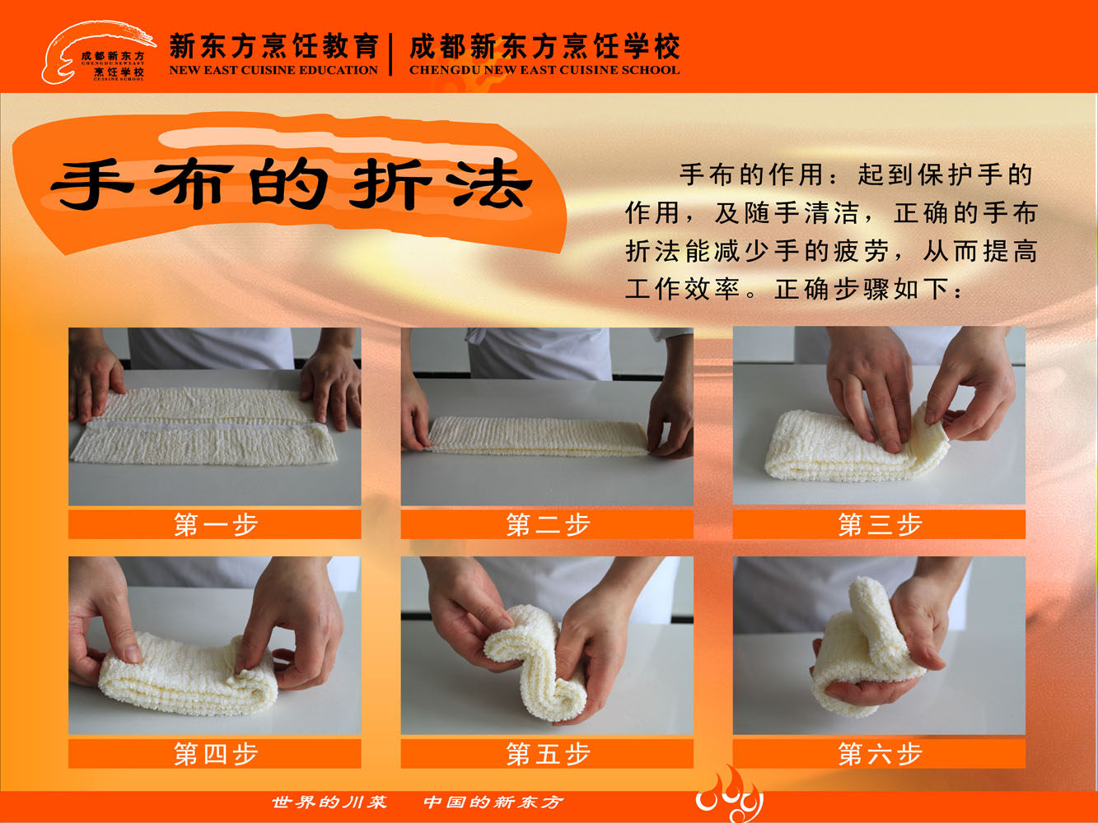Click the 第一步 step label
[215, 524]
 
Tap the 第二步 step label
[547, 524]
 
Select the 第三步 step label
[879, 524]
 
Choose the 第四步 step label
[215, 753]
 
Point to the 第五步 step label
[547, 753]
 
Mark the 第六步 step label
[879, 753]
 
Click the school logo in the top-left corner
[97, 53]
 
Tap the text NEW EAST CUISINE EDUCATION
[273, 71]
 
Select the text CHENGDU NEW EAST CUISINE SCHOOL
[544, 71]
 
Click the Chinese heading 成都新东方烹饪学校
[544, 46]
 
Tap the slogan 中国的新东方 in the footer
[493, 802]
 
